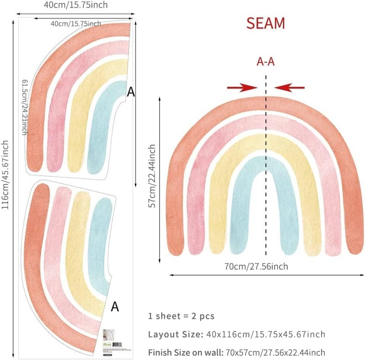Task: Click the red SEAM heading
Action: [x=266, y=23]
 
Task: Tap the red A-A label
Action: [x=266, y=62]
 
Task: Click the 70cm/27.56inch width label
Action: [x=256, y=267]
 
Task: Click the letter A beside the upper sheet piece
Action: [x=131, y=93]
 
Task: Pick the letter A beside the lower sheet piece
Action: [x=115, y=307]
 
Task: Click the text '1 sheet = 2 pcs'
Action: [x=181, y=316]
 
